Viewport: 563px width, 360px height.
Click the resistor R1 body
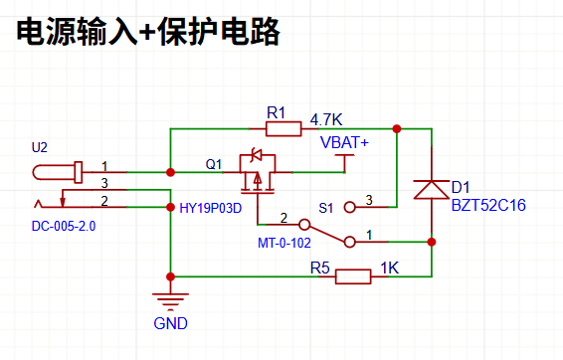(x=283, y=129)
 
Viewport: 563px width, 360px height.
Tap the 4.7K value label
(x=326, y=120)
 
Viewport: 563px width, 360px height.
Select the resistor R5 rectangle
(x=353, y=276)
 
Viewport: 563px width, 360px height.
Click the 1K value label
(x=390, y=268)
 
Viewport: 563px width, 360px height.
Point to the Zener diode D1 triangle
(x=432, y=190)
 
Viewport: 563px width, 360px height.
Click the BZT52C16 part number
(x=488, y=205)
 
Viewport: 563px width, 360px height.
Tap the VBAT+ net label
(x=344, y=142)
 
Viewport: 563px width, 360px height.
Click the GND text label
(x=170, y=323)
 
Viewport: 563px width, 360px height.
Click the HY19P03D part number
(x=211, y=208)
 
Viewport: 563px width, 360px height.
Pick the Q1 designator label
(x=214, y=164)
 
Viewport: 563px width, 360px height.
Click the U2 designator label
(x=40, y=147)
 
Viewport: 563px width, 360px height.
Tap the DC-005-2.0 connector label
(x=64, y=226)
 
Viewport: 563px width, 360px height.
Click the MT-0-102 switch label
(x=284, y=243)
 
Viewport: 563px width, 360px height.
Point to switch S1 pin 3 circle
(x=350, y=207)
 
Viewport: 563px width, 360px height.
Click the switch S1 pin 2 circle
(x=304, y=225)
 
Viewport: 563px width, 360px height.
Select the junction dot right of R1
(x=397, y=129)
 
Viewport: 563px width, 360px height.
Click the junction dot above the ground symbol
(x=170, y=276)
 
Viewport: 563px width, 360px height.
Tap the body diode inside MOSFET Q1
(x=257, y=155)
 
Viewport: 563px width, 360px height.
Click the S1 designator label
(x=326, y=208)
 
